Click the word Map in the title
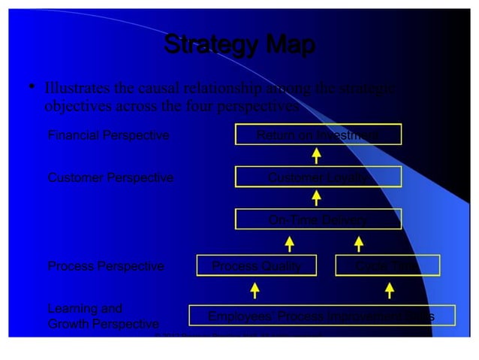coord(285,45)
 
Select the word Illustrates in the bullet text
coord(79,89)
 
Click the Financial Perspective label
coord(109,135)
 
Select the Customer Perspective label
coord(110,177)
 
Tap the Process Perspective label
coord(106,265)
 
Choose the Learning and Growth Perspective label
coord(103,316)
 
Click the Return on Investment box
coord(318,135)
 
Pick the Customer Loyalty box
coord(318,177)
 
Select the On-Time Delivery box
coord(318,219)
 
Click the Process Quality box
coord(256,265)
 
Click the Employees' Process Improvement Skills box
coord(321,316)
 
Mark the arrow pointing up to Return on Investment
coord(317,156)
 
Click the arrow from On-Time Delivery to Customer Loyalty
coord(317,198)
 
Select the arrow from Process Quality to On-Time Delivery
coord(289,243)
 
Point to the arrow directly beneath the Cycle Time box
coord(389,290)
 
